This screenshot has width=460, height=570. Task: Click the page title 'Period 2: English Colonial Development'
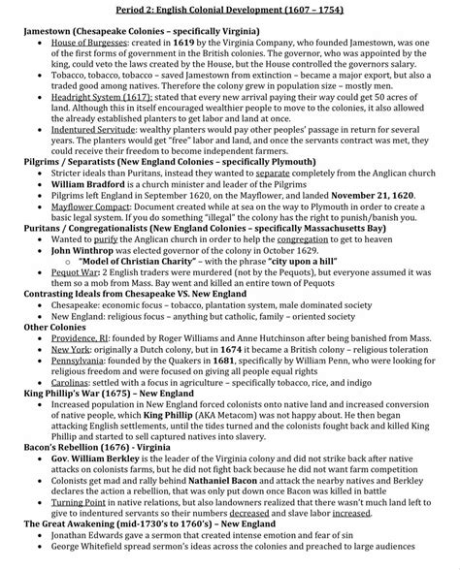pos(230,10)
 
